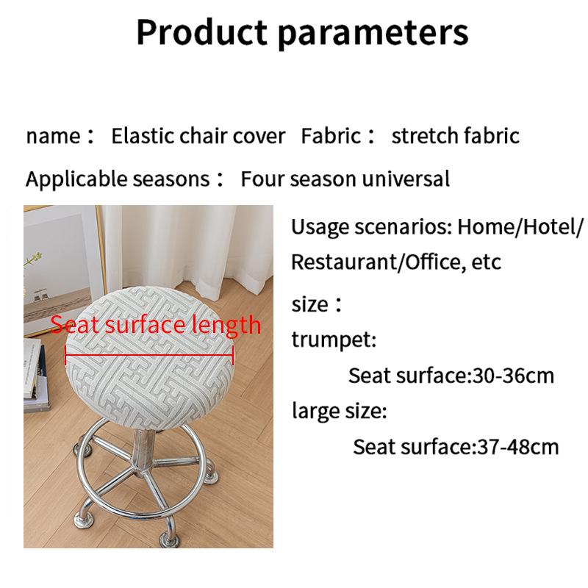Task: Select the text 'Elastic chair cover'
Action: click(x=198, y=136)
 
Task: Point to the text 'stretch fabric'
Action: click(x=455, y=136)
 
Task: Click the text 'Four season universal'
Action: click(x=345, y=179)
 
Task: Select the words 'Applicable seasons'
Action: click(x=118, y=179)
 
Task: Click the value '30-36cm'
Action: click(x=512, y=376)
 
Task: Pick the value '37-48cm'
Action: click(x=514, y=446)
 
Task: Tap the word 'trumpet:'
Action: click(x=334, y=340)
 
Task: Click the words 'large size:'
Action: click(x=339, y=411)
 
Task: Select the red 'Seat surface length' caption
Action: click(x=155, y=324)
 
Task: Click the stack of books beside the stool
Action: click(x=37, y=375)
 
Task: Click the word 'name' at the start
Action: click(x=53, y=136)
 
